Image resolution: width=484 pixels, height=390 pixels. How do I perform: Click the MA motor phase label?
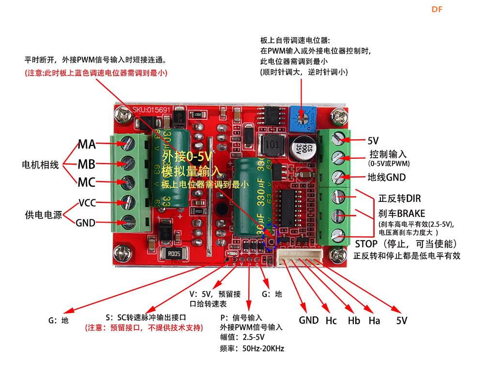click(87, 144)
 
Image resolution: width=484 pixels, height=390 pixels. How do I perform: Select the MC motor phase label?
click(87, 182)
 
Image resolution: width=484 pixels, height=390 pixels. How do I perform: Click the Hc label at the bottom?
click(331, 320)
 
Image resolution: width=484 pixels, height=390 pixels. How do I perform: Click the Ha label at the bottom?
click(374, 320)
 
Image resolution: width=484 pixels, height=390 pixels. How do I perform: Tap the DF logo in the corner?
click(437, 9)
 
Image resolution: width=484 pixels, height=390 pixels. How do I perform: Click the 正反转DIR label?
click(399, 198)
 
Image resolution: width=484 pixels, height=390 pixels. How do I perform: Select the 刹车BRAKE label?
click(402, 213)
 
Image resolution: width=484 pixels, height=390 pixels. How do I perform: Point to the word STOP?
click(367, 243)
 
